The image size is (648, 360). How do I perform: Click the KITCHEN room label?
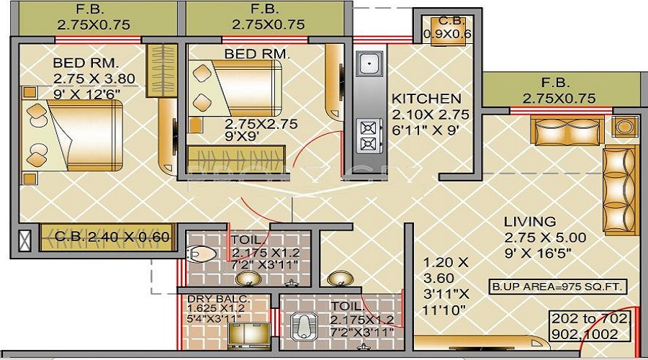[426, 99]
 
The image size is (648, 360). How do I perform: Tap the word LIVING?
[529, 222]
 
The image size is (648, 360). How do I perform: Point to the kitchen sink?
[369, 66]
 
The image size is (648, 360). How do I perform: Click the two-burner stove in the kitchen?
[369, 136]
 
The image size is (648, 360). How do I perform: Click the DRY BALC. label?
[209, 299]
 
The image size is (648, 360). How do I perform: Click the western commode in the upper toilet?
[201, 253]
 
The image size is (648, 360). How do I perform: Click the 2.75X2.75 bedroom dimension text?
[261, 123]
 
